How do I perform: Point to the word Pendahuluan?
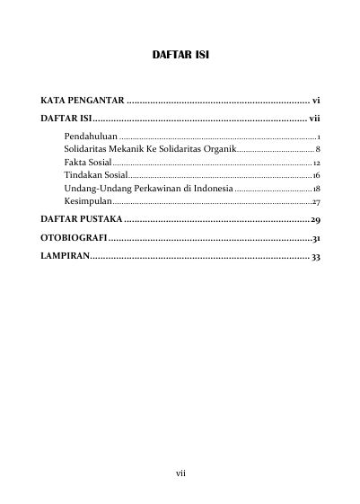point(91,134)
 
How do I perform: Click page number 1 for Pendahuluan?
point(320,134)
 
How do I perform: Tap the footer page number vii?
point(180,470)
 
